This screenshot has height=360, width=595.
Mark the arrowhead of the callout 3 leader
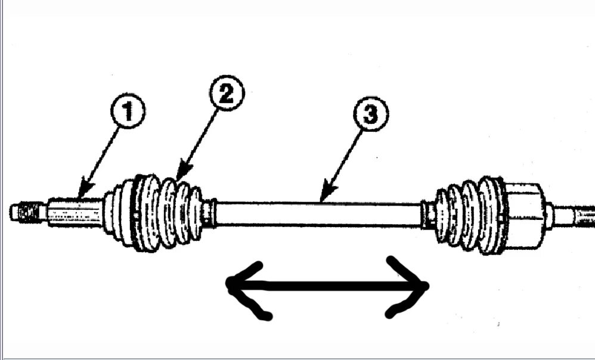pos(322,200)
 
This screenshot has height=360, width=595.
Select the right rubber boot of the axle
pos(471,215)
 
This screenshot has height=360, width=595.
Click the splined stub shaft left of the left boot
pos(75,212)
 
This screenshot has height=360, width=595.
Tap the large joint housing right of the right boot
pos(525,215)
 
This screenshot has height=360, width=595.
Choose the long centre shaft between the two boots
pos(319,214)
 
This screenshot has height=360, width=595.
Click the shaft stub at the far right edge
pos(575,216)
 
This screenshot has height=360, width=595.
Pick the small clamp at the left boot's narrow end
pos(208,213)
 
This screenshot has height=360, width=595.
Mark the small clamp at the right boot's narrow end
pos(429,215)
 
